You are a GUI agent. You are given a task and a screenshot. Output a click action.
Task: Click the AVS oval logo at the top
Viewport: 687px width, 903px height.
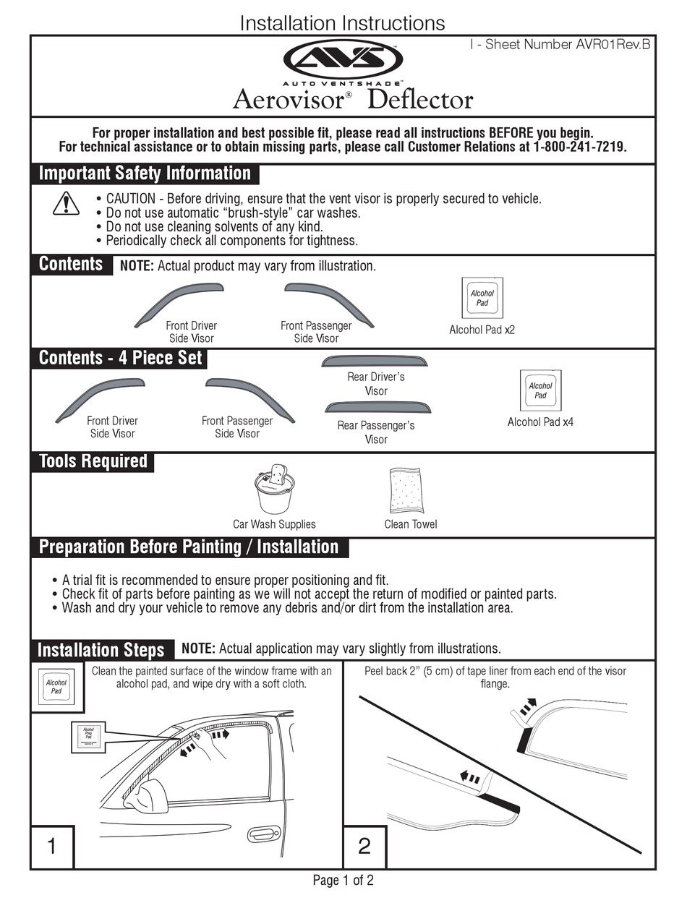click(343, 59)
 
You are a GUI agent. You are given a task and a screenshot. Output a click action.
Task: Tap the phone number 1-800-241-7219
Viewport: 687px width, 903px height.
click(580, 147)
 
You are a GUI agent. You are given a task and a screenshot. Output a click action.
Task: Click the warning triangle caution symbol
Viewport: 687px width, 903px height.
click(66, 203)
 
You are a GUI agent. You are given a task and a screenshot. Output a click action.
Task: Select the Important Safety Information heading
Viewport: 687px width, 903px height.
click(145, 174)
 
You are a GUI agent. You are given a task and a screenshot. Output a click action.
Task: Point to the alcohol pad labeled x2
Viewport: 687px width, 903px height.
click(482, 298)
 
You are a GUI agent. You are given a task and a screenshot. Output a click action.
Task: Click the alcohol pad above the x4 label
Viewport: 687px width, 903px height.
click(540, 390)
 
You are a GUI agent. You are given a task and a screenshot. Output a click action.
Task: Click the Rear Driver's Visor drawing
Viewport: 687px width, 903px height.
click(375, 360)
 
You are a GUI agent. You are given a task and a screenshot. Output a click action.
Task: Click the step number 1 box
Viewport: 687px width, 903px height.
click(51, 846)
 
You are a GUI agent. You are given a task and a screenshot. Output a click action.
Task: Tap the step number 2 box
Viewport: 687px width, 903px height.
click(364, 846)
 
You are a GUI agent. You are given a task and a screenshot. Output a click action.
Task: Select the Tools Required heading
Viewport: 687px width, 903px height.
click(93, 461)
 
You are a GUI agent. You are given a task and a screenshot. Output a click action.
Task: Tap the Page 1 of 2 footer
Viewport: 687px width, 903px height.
click(343, 881)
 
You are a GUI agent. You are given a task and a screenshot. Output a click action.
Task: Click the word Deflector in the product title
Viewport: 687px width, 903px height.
click(420, 99)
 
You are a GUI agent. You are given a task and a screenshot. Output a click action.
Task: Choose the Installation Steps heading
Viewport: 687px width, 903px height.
click(101, 649)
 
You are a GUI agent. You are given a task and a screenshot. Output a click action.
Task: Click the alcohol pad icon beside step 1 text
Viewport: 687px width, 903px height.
click(56, 687)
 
